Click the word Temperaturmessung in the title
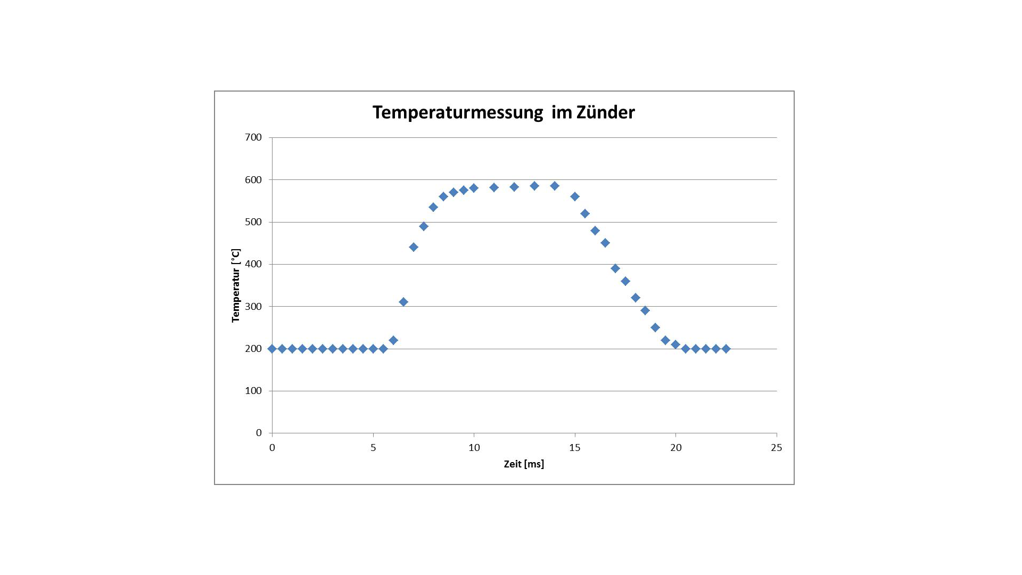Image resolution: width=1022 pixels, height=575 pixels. (x=457, y=113)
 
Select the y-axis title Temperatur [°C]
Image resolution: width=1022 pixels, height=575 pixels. (x=236, y=285)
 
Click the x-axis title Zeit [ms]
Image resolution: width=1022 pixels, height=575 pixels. (x=524, y=464)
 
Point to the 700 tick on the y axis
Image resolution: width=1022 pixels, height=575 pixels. (x=253, y=137)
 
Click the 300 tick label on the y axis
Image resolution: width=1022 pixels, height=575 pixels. (x=253, y=307)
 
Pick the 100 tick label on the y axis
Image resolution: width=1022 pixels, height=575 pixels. (x=253, y=391)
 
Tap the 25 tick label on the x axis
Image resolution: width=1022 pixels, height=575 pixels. (x=777, y=448)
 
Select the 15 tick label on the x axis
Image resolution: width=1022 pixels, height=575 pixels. (x=575, y=448)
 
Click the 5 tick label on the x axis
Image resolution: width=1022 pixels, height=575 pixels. (x=373, y=448)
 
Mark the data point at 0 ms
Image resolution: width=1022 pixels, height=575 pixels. (x=272, y=349)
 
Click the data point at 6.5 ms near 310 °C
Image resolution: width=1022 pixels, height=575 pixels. (x=403, y=302)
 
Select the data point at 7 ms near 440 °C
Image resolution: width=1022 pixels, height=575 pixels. (x=414, y=247)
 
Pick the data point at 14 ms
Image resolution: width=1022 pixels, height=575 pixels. (x=555, y=186)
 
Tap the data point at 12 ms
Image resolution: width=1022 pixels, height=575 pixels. (x=514, y=187)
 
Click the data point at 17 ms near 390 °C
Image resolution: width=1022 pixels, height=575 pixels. (x=615, y=268)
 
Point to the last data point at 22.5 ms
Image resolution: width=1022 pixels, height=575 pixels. (x=726, y=349)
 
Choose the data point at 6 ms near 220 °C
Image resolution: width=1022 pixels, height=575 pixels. (x=393, y=340)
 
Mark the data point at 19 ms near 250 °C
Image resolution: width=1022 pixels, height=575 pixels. (x=655, y=327)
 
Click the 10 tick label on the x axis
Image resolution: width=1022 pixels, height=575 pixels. (x=474, y=448)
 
